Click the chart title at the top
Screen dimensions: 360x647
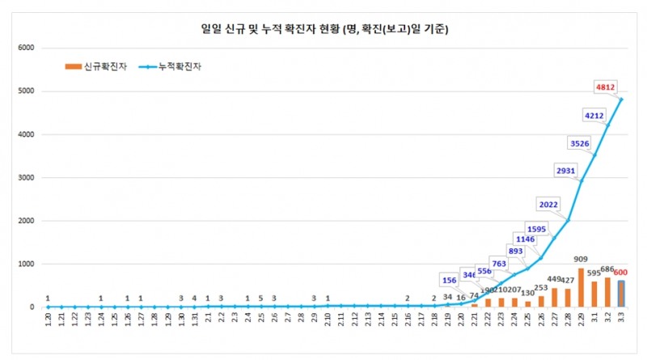pyautogui.click(x=323, y=30)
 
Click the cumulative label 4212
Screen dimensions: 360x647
pyautogui.click(x=594, y=116)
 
